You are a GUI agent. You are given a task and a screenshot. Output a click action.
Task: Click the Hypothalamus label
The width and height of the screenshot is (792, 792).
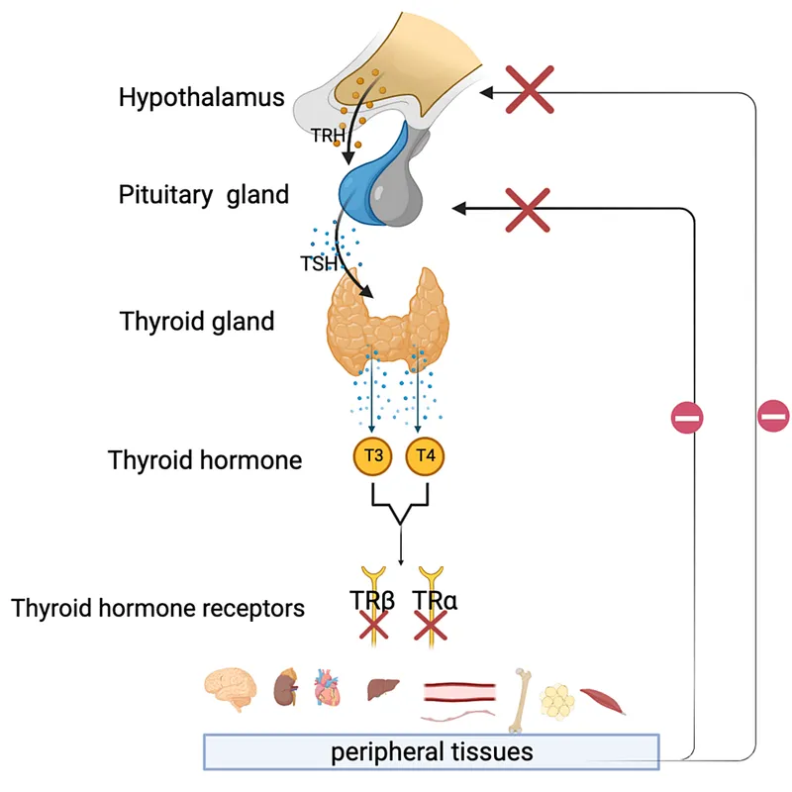pos(201,98)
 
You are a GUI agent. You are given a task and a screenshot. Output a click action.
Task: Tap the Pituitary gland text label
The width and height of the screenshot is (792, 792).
pos(203,194)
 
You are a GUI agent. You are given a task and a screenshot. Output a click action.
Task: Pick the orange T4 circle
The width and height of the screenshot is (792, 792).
pos(426,456)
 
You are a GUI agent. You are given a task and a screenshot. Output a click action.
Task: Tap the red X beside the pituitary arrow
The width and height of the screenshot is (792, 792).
pos(528,209)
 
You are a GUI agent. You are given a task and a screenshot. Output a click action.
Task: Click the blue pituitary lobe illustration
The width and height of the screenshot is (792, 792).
pos(366,173)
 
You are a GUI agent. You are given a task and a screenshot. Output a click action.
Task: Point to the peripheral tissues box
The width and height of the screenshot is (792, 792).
pos(431,751)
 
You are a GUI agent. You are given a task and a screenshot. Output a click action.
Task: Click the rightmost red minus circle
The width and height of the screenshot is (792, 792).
pos(773,416)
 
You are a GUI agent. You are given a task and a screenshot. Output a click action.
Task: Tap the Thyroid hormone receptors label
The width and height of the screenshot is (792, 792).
pos(158,607)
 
